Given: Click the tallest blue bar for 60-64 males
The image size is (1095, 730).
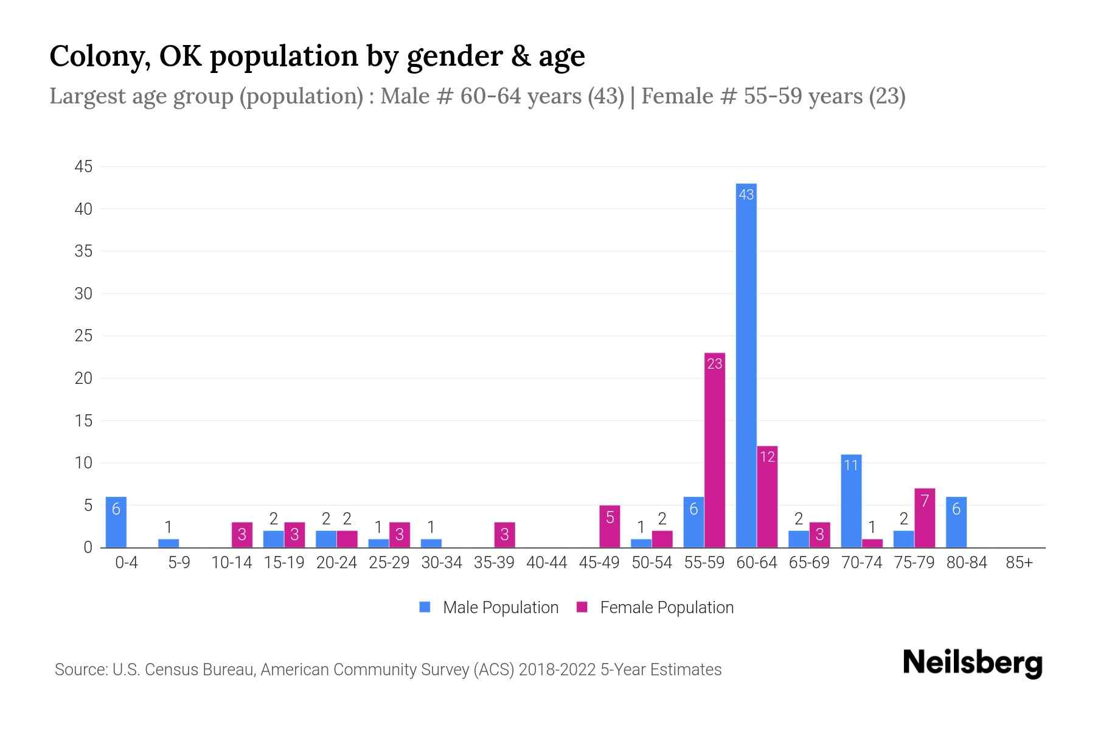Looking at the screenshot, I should (746, 365).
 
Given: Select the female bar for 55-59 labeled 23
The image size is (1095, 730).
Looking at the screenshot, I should (715, 450).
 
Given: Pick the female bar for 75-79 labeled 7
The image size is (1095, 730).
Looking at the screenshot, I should (925, 518).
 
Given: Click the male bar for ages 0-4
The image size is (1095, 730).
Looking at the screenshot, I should (116, 522).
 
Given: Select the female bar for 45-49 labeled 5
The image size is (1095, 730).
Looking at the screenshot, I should (610, 526).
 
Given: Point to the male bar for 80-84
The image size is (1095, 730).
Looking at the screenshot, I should (956, 522).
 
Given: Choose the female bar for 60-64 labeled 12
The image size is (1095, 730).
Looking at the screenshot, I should (767, 496).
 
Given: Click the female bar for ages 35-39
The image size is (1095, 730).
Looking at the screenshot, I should (505, 535).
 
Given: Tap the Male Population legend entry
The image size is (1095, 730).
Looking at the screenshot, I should (489, 607).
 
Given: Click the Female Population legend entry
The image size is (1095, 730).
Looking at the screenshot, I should (656, 607).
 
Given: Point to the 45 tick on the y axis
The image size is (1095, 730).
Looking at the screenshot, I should (83, 167).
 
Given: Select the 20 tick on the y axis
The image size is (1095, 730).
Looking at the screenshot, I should (83, 378).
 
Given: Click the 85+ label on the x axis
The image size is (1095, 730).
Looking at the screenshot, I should (1019, 563).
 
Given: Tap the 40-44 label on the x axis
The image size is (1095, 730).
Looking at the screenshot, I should (546, 563).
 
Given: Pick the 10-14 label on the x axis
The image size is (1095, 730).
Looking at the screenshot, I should (231, 563).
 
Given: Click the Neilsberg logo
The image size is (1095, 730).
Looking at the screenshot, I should (972, 663).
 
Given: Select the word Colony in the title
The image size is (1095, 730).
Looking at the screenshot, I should (100, 56).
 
